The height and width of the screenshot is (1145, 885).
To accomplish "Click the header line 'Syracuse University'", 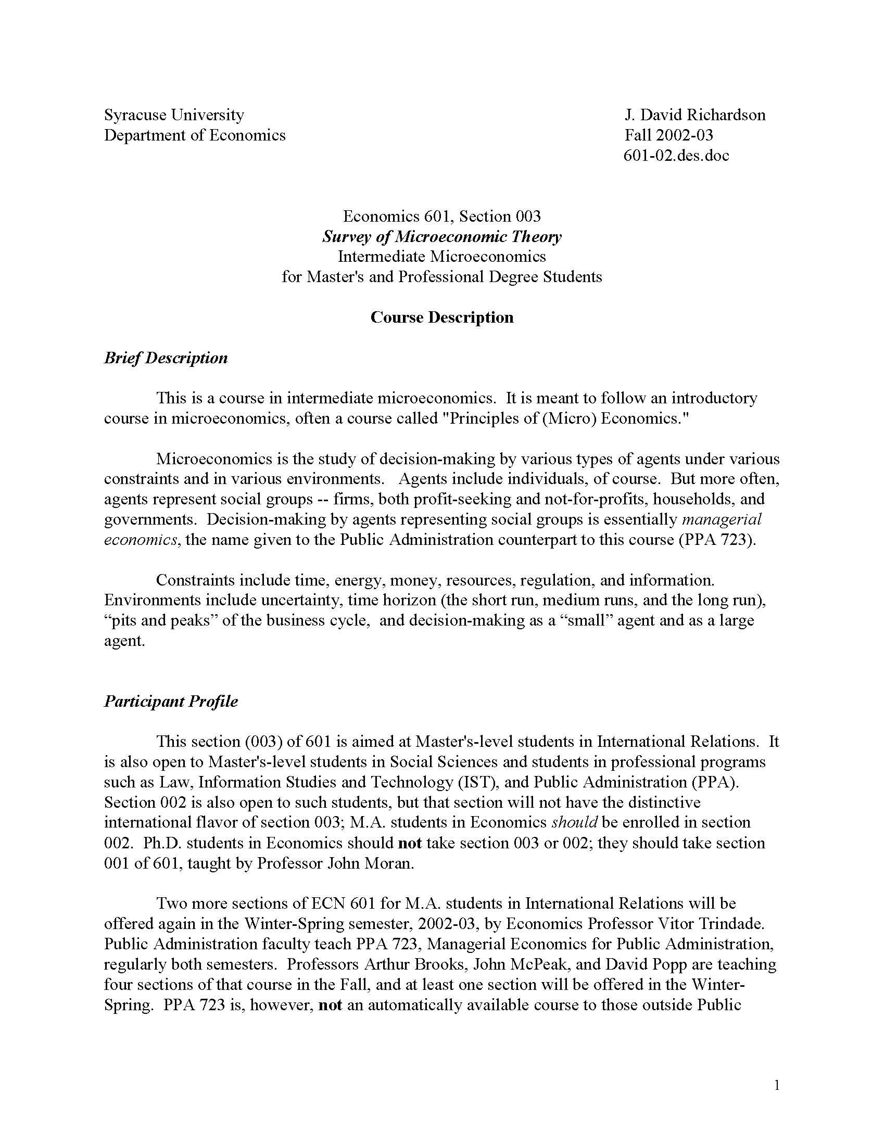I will click(x=174, y=115).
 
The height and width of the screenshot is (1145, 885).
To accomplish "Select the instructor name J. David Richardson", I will click(x=694, y=115).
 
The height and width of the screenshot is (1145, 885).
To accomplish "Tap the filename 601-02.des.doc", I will click(x=676, y=156).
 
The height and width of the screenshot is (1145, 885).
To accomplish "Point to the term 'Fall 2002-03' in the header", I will click(x=668, y=135).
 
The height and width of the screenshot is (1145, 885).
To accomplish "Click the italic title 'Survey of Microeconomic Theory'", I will click(x=441, y=237).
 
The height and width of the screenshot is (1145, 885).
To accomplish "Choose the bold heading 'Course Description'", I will click(x=441, y=317).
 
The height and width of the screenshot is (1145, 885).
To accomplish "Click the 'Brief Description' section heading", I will click(x=166, y=358).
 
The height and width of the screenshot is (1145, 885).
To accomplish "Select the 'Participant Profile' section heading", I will click(x=171, y=702).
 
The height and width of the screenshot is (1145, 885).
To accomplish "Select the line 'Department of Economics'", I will click(x=195, y=135).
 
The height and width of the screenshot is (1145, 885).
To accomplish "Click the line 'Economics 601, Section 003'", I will click(x=441, y=217).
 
